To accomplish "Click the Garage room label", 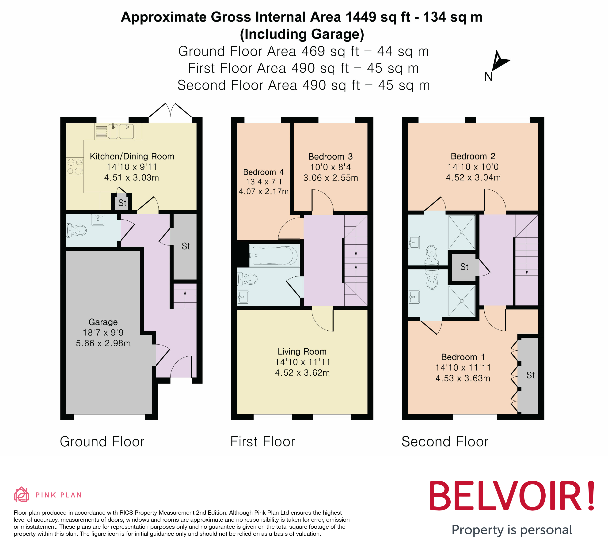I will tap(103, 322).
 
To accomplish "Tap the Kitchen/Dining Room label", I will tap(132, 156).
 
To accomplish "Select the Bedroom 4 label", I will tap(263, 172).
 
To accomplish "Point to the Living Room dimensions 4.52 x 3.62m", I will tap(302, 373).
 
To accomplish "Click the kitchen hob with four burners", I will tap(75, 167).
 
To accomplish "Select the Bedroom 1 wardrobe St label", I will tap(531, 375).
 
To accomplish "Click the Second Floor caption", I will tap(445, 442).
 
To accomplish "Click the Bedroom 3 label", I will tap(330, 156).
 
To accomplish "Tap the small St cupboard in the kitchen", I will tap(122, 203).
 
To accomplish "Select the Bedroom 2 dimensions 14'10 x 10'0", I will tap(473, 167).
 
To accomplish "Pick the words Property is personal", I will tap(512, 530).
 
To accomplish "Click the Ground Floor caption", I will tap(102, 442).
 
